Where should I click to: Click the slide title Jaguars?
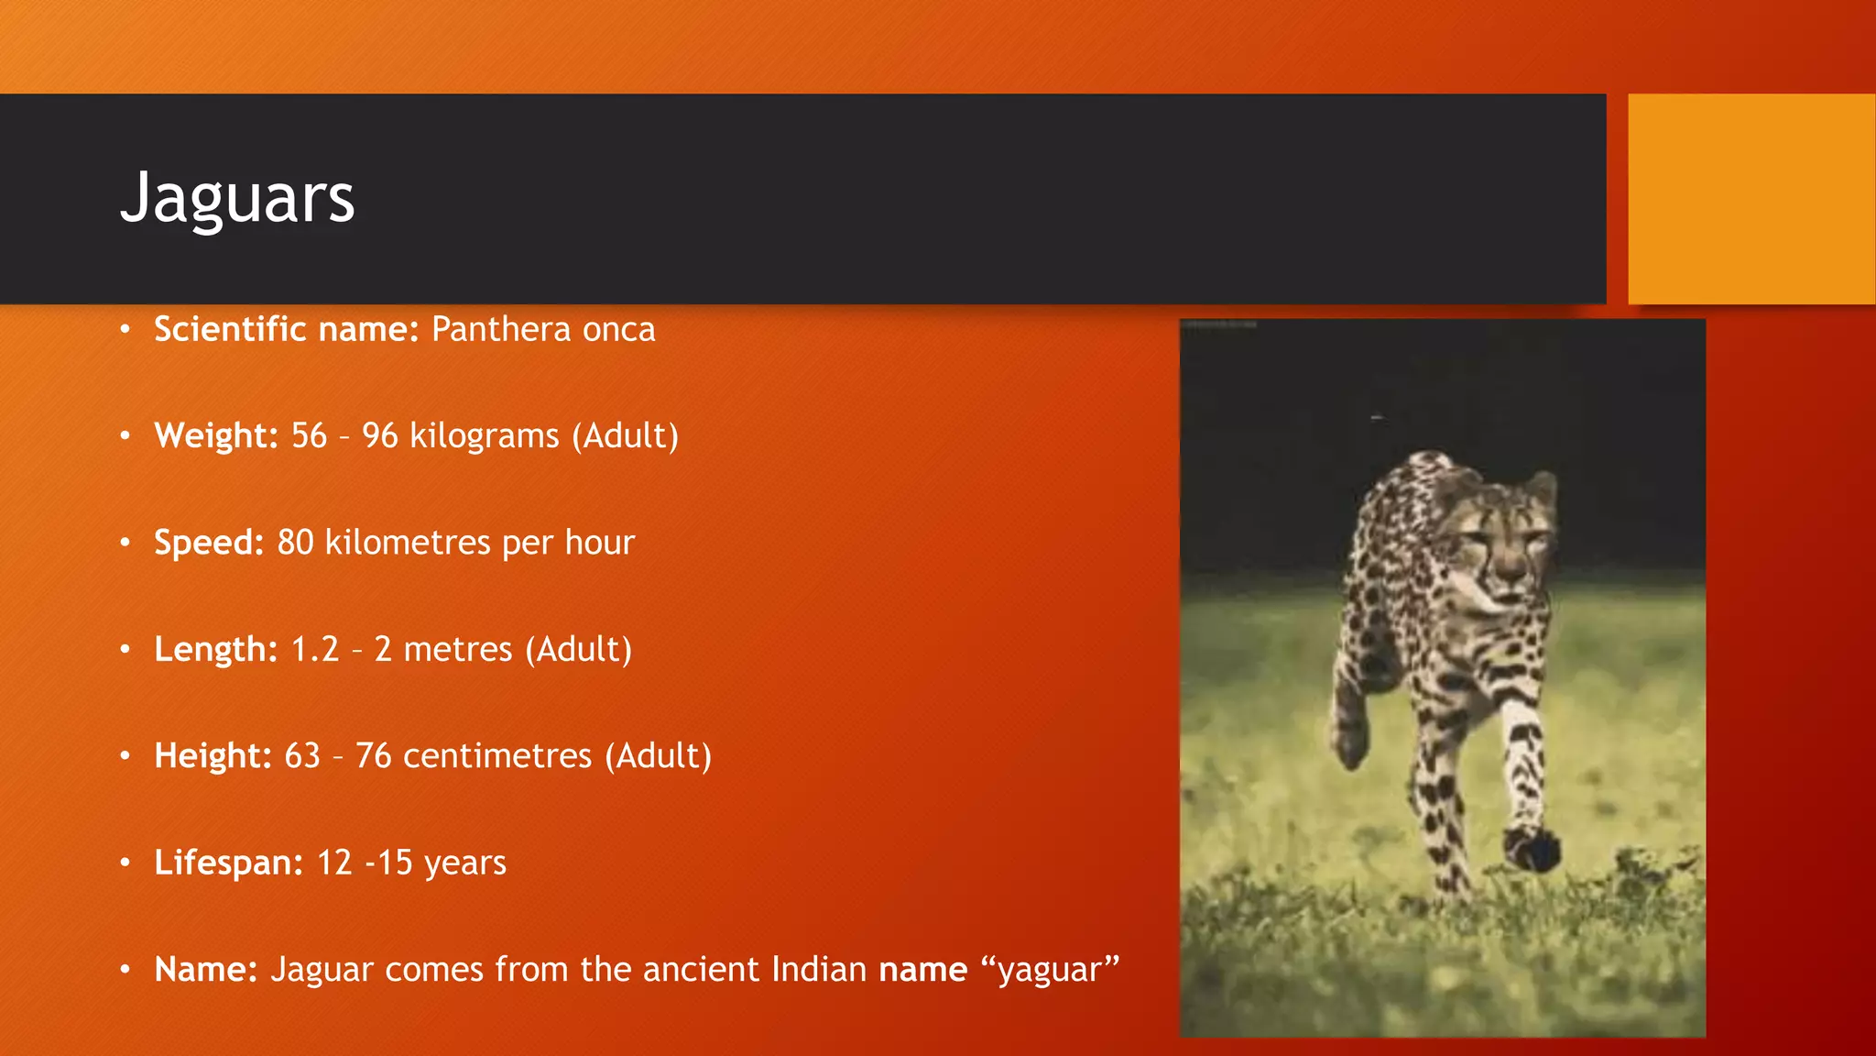tap(237, 197)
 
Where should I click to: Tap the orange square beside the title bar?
tap(1751, 199)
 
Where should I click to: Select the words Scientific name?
tap(286, 329)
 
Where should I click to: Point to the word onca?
tap(619, 330)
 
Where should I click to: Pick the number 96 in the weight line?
tap(379, 435)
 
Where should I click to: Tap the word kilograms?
tap(484, 436)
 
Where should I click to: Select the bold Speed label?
tap(209, 543)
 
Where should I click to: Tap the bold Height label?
tap(213, 755)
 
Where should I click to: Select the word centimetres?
tap(497, 755)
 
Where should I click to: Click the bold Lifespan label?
tap(228, 863)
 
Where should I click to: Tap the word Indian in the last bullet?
tap(819, 969)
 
